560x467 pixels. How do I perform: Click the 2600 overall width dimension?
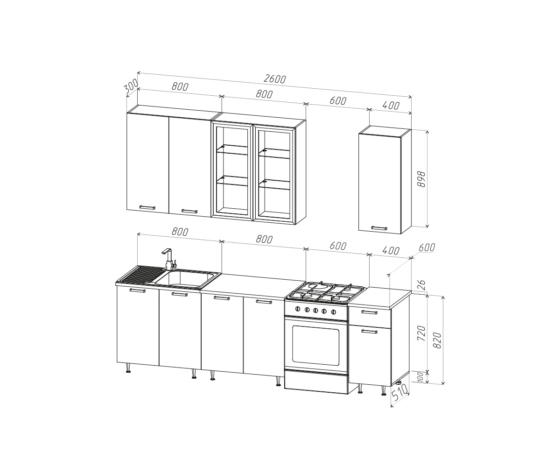(x=275, y=79)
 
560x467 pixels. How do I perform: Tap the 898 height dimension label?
(x=421, y=179)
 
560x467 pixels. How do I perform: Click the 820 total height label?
(x=437, y=340)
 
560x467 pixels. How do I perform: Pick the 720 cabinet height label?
(x=421, y=333)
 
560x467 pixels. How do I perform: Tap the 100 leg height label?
(x=420, y=377)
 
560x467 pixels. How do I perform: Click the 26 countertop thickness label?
(x=421, y=285)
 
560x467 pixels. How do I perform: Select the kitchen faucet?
(x=169, y=259)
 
